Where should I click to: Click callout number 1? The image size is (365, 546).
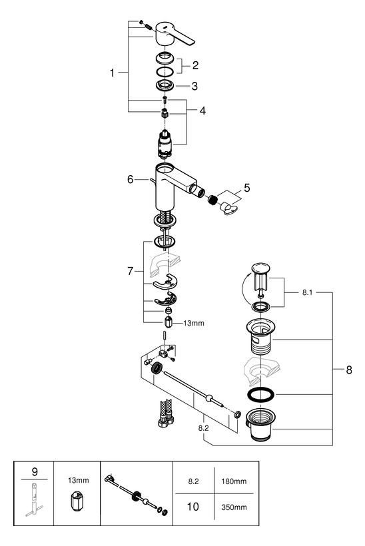113,72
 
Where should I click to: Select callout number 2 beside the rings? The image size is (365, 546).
196,65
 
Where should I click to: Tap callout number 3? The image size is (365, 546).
195,86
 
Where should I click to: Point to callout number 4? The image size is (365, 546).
202,111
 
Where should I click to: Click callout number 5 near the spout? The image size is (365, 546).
248,188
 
